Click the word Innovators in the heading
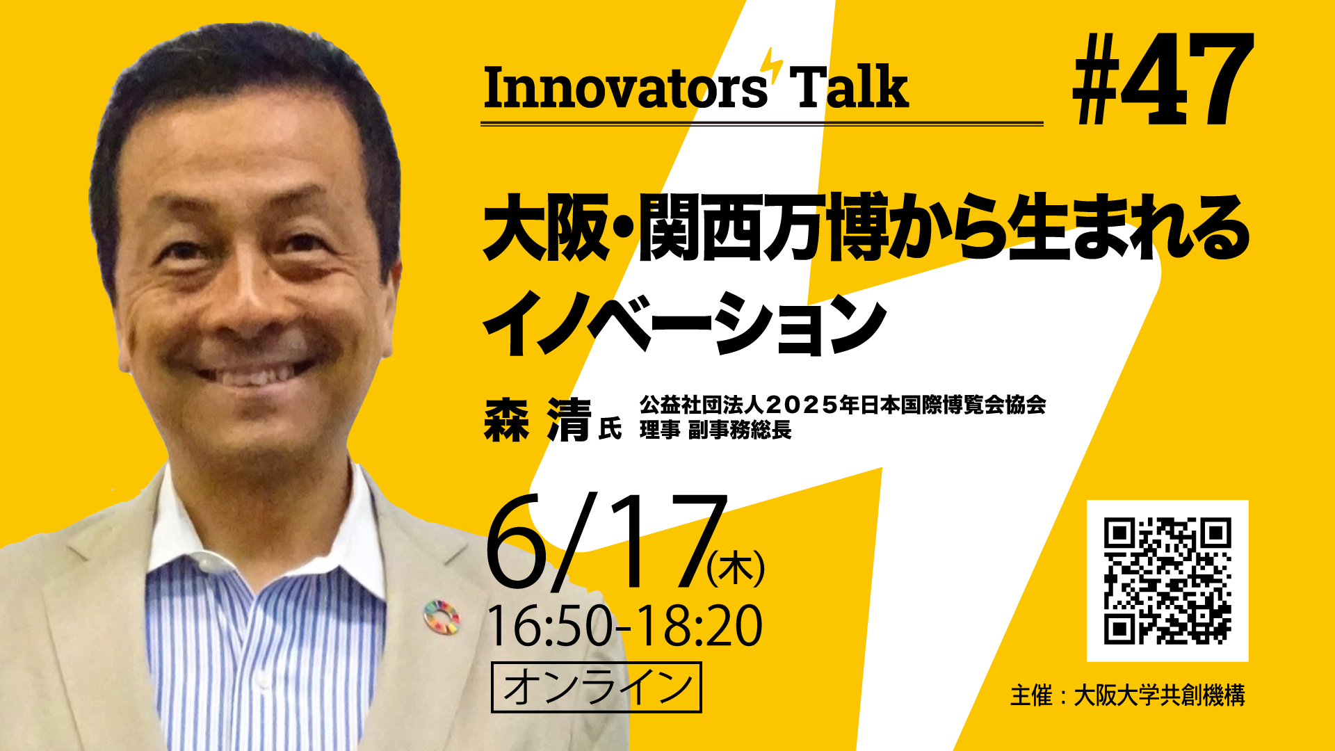624,88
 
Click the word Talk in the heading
850,88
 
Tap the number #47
1163,81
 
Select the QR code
1167,581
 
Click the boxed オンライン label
596,687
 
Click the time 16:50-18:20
624,627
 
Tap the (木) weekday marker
736,568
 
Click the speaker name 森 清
537,421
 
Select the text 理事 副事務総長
715,430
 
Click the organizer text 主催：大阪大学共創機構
1127,695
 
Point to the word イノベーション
684,324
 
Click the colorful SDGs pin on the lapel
442,617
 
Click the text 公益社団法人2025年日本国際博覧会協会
843,405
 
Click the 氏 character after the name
610,428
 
